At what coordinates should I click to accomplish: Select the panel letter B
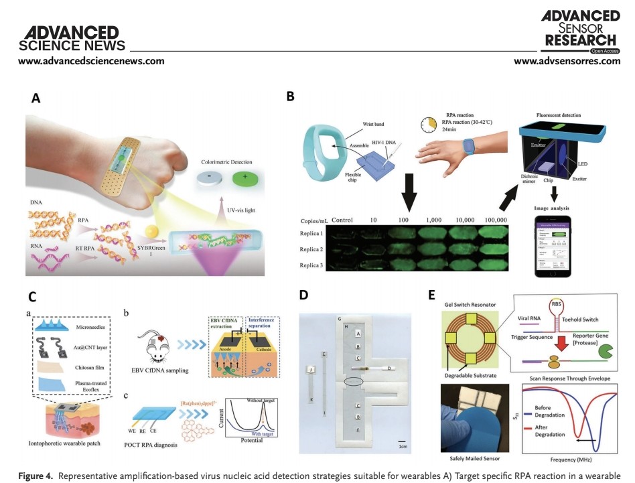tap(290, 96)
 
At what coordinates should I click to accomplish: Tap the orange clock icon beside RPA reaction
tap(429, 125)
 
